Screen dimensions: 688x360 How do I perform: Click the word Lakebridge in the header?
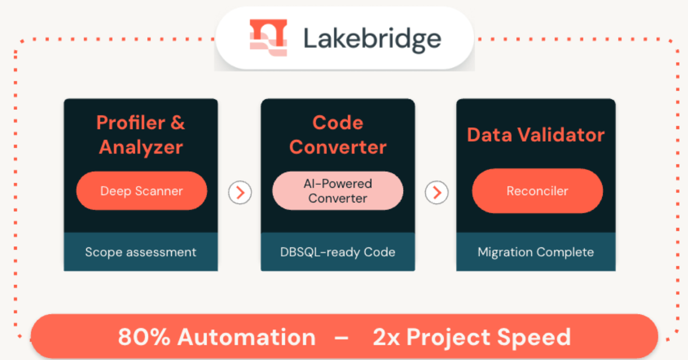click(x=372, y=39)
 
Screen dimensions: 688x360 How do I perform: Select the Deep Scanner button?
click(x=142, y=191)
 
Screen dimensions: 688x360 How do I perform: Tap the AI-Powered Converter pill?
click(x=338, y=191)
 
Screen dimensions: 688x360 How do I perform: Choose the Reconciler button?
click(x=537, y=191)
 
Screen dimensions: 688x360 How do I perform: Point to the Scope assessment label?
click(x=140, y=252)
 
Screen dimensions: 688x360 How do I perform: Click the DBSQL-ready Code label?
click(x=338, y=252)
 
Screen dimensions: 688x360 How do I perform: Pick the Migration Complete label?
click(x=536, y=252)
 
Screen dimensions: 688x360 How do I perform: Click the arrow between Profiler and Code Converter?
click(x=240, y=193)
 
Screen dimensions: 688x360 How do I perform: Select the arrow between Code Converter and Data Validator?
click(x=437, y=193)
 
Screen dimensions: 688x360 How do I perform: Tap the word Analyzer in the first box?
click(x=141, y=147)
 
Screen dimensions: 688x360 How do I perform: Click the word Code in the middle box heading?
click(x=338, y=122)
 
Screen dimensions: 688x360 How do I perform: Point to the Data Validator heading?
click(x=536, y=135)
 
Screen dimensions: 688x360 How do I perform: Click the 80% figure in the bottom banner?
click(x=144, y=337)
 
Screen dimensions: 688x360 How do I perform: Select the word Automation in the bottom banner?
click(x=246, y=337)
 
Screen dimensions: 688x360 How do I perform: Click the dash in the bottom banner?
click(x=342, y=337)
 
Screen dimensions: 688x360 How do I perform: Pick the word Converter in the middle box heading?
click(x=338, y=147)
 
